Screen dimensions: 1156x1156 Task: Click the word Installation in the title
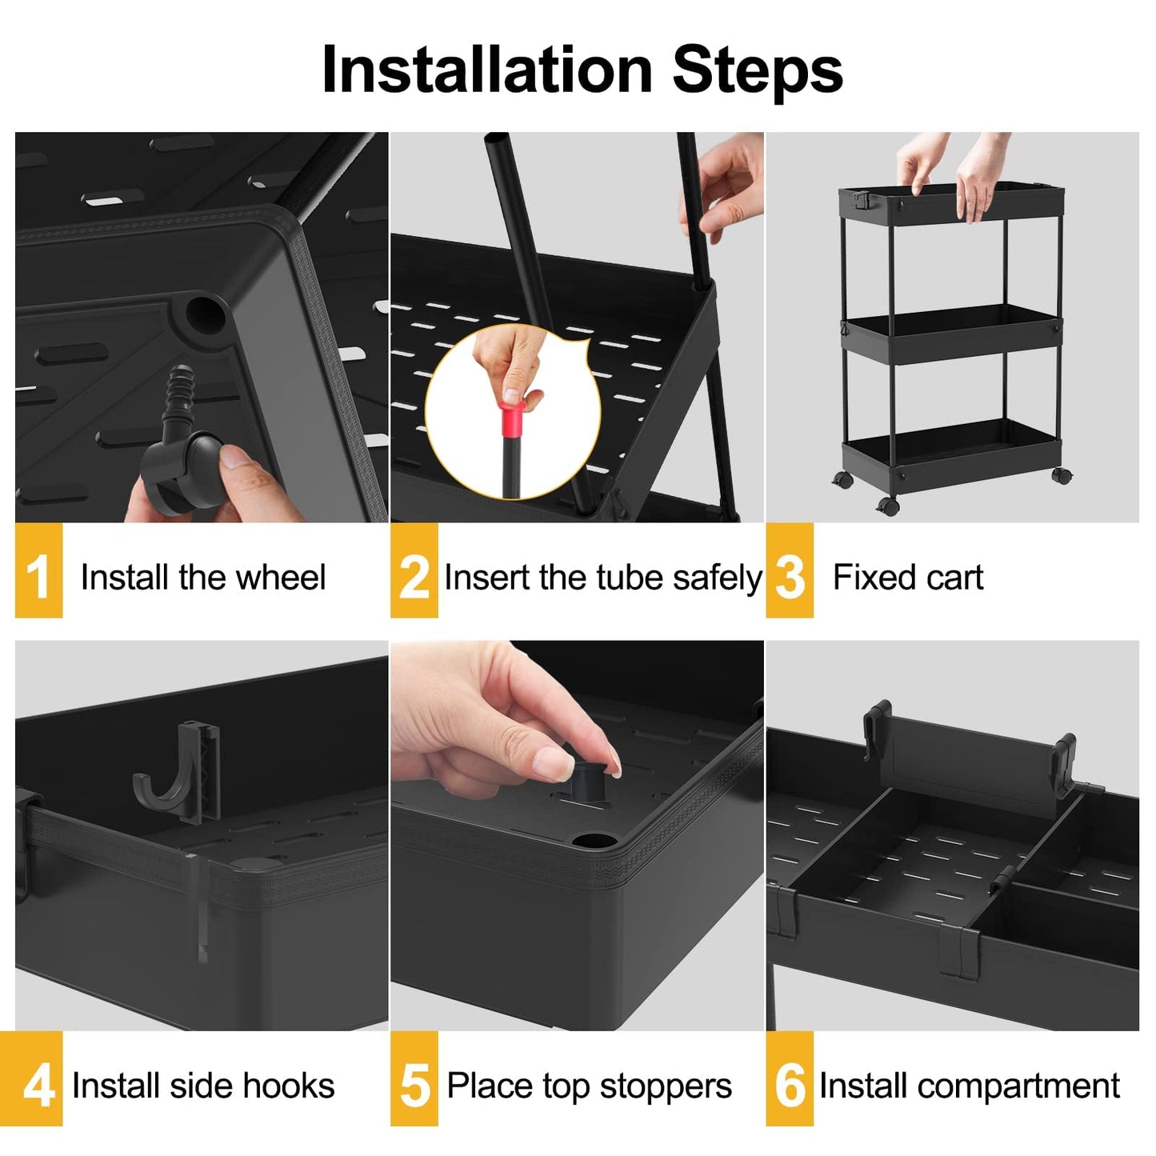tap(486, 70)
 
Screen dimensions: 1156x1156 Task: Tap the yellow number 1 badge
tap(38, 571)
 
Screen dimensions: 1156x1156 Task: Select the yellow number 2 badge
tap(414, 571)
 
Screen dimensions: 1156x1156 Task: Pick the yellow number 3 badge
tap(789, 571)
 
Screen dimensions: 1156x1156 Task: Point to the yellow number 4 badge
tap(38, 1079)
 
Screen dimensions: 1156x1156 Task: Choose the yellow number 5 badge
tap(414, 1079)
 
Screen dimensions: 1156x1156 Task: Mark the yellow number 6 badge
tap(789, 1079)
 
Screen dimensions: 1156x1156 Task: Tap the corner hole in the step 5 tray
tap(593, 842)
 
